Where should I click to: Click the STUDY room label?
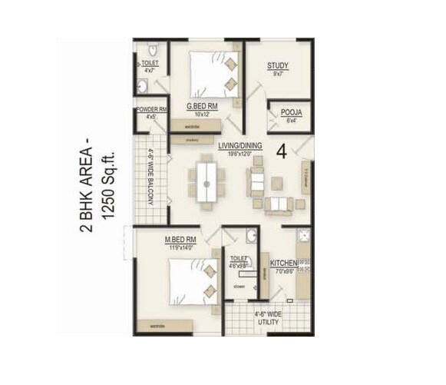278,66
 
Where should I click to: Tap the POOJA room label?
291,113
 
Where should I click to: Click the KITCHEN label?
282,264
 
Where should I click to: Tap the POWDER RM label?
151,110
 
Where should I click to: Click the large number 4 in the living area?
281,151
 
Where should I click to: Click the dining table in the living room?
206,183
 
